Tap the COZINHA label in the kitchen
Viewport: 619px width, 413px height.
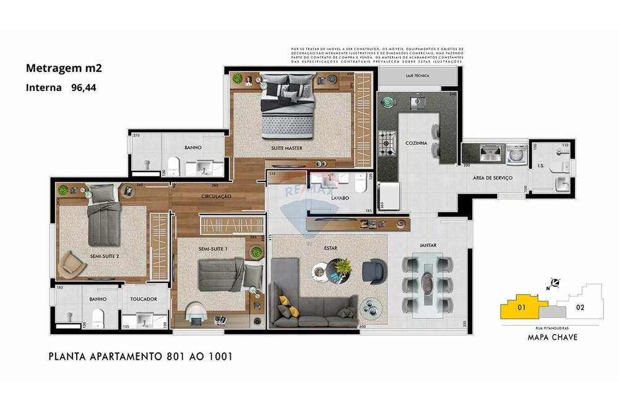tap(417, 143)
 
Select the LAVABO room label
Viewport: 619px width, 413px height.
tap(341, 199)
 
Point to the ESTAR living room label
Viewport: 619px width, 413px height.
tap(331, 248)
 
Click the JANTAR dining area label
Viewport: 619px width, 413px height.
tap(428, 245)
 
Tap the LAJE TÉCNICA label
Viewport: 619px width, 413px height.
tap(418, 76)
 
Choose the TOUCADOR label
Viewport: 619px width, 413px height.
tap(144, 298)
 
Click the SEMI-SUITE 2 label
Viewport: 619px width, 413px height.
tap(104, 256)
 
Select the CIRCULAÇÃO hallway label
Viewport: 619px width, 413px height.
tap(216, 196)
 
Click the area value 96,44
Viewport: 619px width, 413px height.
tap(84, 88)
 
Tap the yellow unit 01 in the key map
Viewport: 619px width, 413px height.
tap(521, 306)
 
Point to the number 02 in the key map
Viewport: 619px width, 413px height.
tap(580, 306)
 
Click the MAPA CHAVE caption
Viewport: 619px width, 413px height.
tap(552, 337)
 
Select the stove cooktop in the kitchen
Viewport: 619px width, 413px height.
tap(387, 143)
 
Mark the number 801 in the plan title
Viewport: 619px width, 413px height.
tap(176, 357)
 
